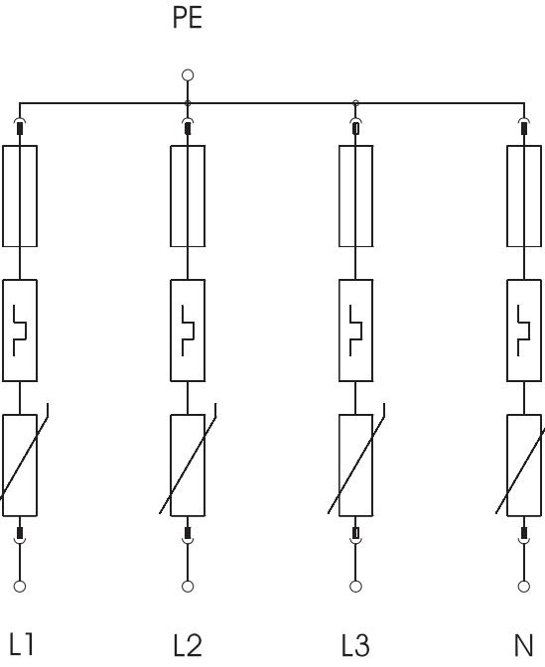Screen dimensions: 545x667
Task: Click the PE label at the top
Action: [188, 18]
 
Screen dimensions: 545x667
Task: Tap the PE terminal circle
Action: [188, 75]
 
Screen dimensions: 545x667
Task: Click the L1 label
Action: [21, 644]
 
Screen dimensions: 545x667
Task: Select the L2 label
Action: [188, 645]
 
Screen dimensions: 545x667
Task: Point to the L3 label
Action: [355, 645]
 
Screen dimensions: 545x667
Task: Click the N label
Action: [524, 645]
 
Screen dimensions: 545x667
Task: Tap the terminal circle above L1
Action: [20, 587]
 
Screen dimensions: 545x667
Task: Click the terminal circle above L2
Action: [188, 587]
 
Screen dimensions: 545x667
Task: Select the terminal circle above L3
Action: [355, 587]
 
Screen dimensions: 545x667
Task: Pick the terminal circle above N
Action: [524, 587]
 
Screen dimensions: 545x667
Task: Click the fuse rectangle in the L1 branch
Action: [3, 197]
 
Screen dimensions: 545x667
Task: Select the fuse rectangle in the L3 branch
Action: [340, 197]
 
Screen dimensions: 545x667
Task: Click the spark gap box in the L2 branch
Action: [171, 331]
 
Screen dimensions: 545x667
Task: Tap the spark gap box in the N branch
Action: [507, 331]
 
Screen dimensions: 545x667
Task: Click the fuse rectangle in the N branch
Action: [507, 197]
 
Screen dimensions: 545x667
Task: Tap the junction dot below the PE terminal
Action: [188, 103]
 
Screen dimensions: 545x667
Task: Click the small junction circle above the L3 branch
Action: [355, 103]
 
